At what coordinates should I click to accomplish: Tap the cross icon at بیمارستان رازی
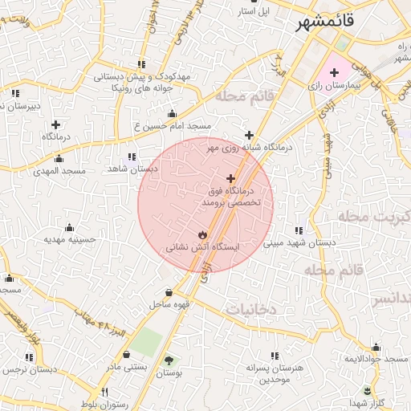point(335,73)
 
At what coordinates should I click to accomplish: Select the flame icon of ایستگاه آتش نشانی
point(201,234)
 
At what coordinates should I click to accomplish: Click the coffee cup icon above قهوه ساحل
point(169,292)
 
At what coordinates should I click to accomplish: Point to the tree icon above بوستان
point(169,360)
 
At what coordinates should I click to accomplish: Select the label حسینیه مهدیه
point(70,239)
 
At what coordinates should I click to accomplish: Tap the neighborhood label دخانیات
point(250,308)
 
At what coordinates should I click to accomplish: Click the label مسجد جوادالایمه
point(375,358)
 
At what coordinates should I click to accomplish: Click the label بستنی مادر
point(127,366)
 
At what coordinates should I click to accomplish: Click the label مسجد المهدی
point(59,171)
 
